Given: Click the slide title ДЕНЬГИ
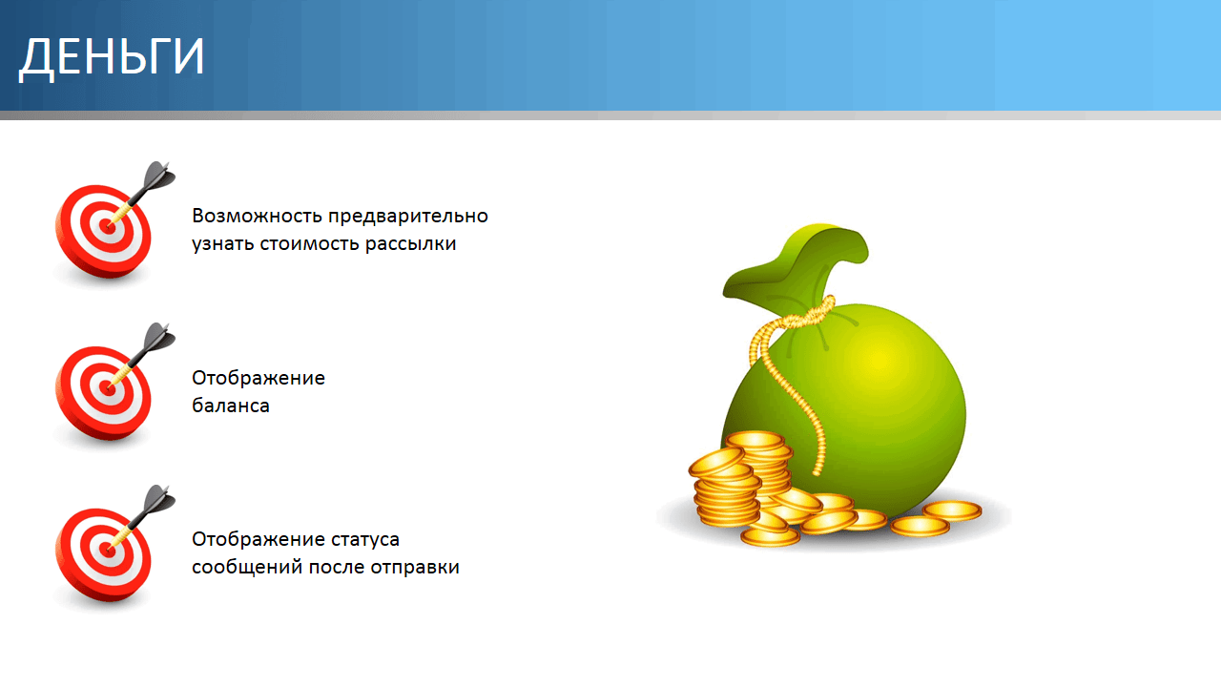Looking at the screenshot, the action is click(112, 57).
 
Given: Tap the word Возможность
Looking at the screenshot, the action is click(258, 216).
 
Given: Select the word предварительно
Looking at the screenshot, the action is click(408, 217).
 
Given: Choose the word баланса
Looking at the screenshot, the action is click(231, 406).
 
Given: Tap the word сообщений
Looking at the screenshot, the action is click(247, 568).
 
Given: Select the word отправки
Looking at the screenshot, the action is click(415, 568).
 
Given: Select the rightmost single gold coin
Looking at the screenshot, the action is click(952, 510).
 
